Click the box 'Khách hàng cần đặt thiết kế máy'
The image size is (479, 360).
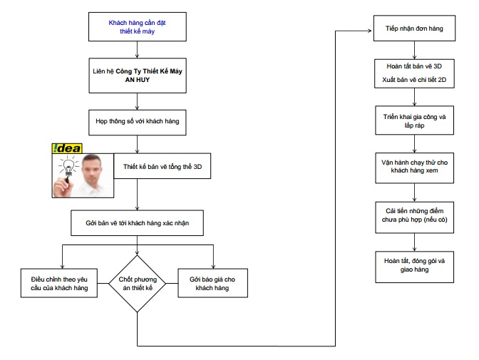(x=138, y=27)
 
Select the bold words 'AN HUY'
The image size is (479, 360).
(x=137, y=80)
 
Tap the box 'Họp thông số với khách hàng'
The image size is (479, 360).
(x=138, y=123)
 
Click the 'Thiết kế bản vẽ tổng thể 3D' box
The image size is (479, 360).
(x=163, y=166)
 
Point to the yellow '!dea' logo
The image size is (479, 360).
(x=67, y=148)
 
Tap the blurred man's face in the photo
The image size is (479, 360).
(x=92, y=169)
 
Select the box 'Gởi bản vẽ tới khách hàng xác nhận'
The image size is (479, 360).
(x=137, y=223)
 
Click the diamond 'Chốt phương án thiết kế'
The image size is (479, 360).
(x=137, y=284)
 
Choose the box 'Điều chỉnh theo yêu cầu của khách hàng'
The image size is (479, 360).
(x=59, y=283)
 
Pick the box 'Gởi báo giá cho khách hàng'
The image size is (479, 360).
(x=212, y=283)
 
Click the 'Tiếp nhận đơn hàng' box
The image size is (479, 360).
(x=414, y=28)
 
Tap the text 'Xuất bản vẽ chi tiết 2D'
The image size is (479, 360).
(x=414, y=80)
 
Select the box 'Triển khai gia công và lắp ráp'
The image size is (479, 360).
(x=414, y=120)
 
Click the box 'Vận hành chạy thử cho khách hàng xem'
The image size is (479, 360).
(x=414, y=168)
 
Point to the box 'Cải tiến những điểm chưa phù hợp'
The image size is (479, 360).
(x=414, y=217)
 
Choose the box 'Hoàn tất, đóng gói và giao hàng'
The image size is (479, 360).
(x=414, y=267)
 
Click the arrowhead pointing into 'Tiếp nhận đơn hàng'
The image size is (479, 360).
(x=370, y=31)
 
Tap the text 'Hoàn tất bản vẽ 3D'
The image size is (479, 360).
(x=414, y=66)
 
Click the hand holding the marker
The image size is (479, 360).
(x=63, y=187)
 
